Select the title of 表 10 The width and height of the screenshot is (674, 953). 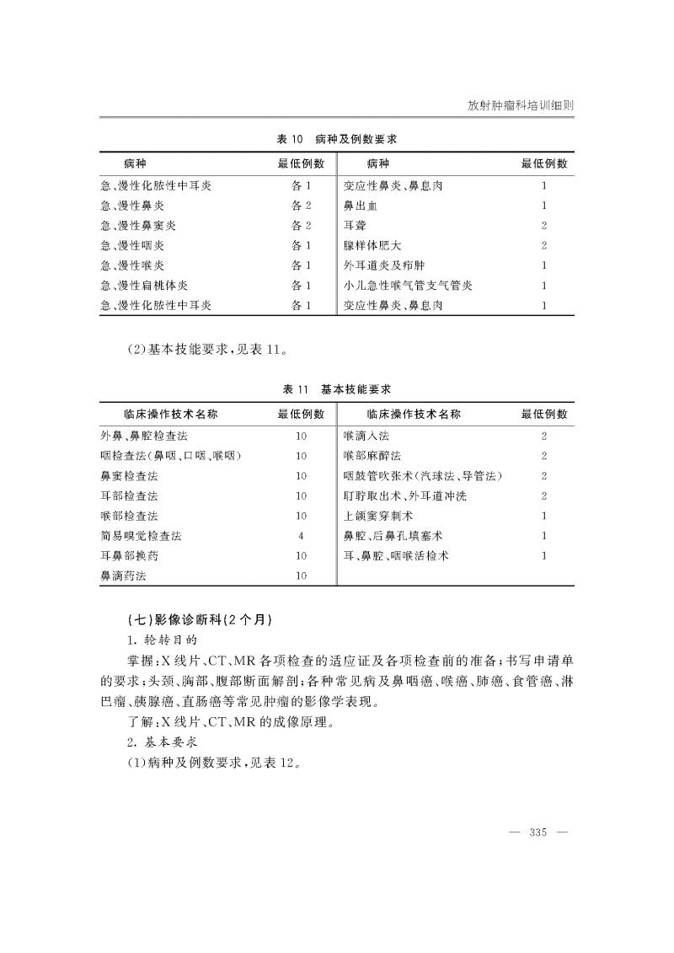[336, 139]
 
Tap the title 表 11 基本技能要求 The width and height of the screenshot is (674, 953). [336, 389]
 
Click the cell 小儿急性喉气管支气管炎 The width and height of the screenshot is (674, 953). [408, 286]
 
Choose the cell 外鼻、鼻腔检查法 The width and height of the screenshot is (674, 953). [144, 436]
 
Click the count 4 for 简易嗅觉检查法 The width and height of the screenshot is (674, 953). [301, 536]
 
